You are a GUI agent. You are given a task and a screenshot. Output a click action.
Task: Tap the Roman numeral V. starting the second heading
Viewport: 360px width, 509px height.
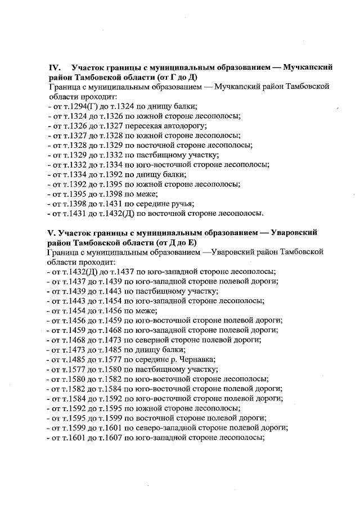52,232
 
